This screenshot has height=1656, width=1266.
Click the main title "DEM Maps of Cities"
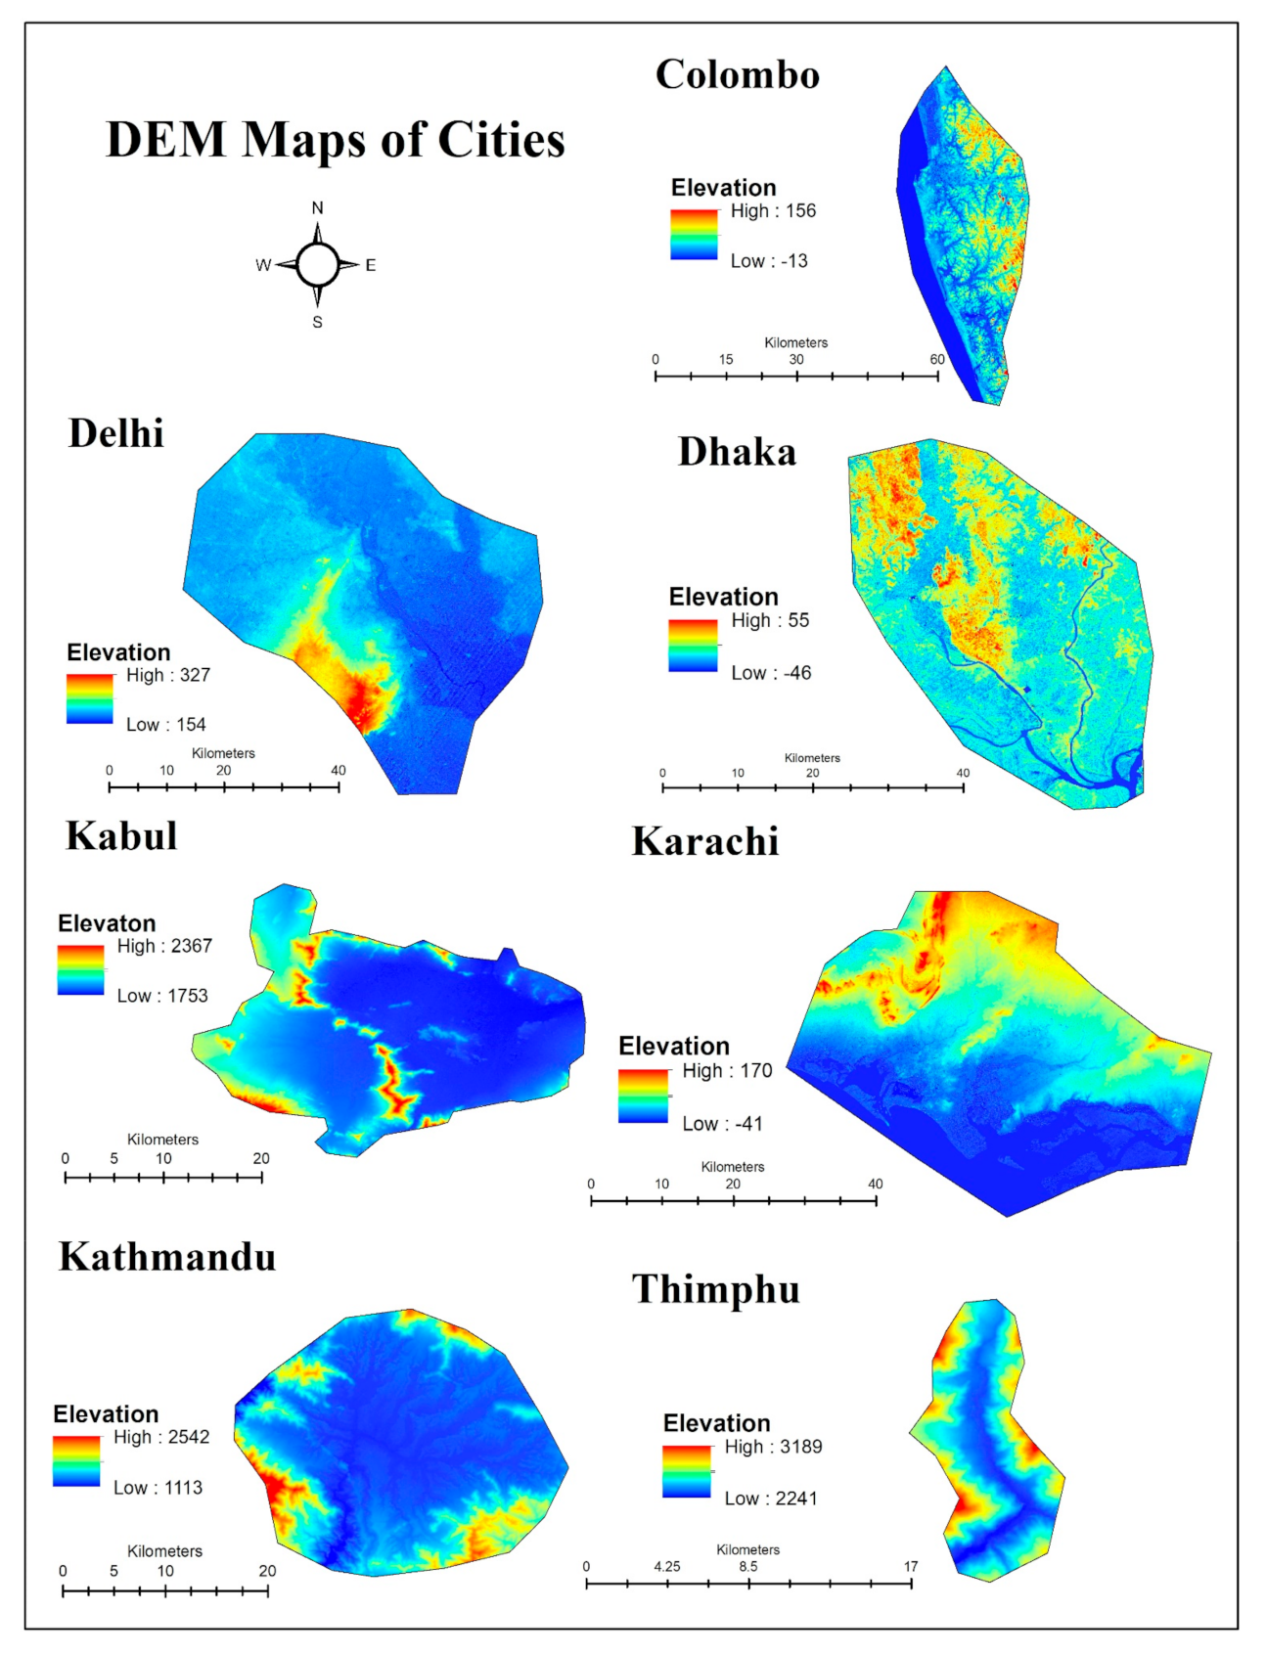click(335, 140)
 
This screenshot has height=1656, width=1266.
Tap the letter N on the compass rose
click(317, 207)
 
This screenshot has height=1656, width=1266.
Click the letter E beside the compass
click(371, 265)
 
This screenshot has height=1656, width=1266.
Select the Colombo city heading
click(737, 75)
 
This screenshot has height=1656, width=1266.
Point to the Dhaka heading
click(737, 453)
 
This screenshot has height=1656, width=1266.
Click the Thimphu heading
click(715, 1289)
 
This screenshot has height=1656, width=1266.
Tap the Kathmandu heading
click(167, 1257)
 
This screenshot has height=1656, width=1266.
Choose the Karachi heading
click(704, 842)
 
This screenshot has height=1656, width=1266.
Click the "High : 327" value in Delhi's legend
click(167, 675)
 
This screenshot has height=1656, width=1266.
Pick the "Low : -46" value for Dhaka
click(771, 673)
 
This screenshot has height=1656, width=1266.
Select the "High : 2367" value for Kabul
click(164, 946)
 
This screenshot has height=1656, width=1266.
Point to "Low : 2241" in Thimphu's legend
click(770, 1499)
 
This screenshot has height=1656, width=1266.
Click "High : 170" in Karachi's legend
click(727, 1071)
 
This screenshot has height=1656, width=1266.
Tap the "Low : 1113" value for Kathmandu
click(158, 1488)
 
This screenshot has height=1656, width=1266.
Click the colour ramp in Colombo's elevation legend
click(694, 235)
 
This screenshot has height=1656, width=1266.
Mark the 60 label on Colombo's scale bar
click(936, 360)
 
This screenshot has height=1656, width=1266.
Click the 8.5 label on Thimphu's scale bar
click(747, 1566)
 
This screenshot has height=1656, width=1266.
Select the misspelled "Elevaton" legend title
click(107, 923)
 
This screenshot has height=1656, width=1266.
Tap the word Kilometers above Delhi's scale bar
click(223, 753)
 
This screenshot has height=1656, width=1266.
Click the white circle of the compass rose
click(317, 264)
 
